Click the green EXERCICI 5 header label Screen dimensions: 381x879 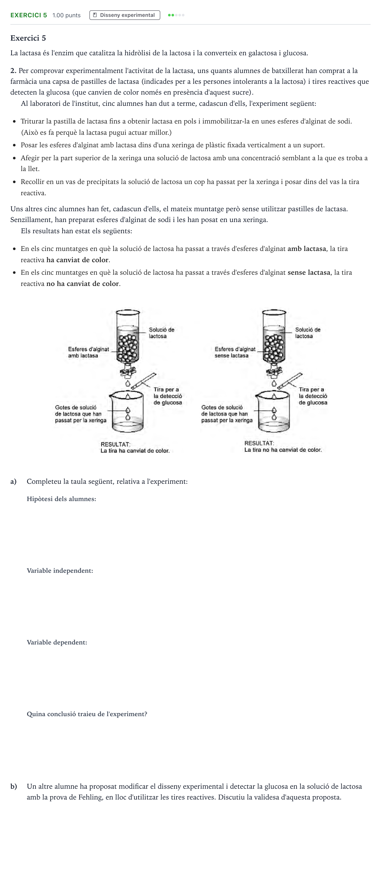coord(29,15)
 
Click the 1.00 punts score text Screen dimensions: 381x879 coord(67,15)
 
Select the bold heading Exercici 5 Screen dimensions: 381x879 coord(28,38)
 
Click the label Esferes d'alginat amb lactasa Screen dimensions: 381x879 coord(88,352)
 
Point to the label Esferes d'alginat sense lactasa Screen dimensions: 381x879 coord(235,352)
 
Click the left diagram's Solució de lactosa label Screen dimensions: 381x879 coord(162,333)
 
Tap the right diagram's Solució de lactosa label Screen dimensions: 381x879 coord(308,333)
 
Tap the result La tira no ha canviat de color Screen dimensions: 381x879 coord(283,450)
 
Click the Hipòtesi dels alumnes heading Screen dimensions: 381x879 coord(62,499)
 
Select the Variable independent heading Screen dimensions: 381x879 coord(60,571)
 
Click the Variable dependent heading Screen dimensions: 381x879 coord(57,642)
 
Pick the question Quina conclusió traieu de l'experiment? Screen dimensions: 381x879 coord(87,714)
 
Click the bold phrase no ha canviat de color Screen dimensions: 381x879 coord(83,284)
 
